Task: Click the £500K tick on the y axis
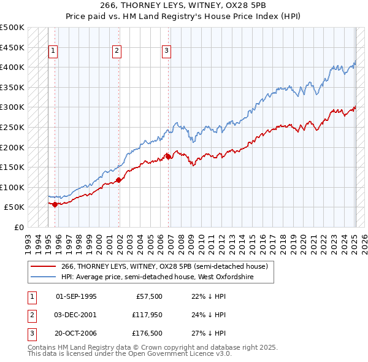[12, 28]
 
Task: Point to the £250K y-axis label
[12, 127]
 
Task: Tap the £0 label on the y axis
[18, 227]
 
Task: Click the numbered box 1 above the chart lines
[53, 52]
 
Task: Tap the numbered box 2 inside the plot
[117, 52]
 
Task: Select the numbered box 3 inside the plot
[166, 52]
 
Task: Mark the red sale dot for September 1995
[55, 204]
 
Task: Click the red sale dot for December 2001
[118, 180]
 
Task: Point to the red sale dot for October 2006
[168, 156]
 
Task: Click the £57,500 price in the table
[148, 296]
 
